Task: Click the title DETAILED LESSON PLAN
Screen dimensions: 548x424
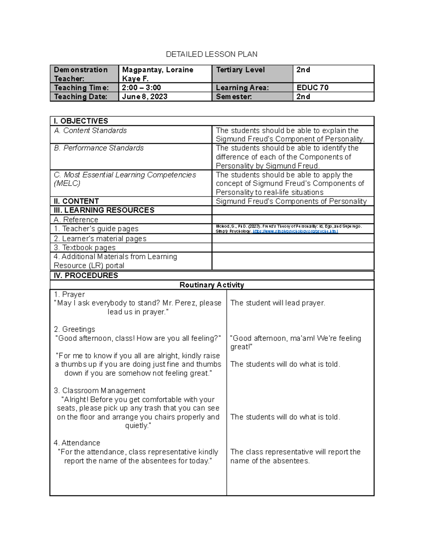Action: (212, 54)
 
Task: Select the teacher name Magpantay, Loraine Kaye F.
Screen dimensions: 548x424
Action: (158, 74)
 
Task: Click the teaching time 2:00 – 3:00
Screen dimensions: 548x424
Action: (141, 88)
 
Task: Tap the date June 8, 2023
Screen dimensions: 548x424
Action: (145, 97)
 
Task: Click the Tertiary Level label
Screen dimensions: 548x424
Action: (240, 70)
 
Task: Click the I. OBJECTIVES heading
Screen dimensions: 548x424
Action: (81, 121)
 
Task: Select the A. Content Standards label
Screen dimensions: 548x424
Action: (90, 131)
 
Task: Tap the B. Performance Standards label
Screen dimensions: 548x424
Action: (99, 148)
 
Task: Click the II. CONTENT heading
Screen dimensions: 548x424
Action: (76, 201)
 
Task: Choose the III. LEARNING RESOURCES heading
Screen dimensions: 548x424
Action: (104, 210)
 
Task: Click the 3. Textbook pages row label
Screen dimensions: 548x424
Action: (84, 248)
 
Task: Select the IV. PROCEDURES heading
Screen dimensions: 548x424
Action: (86, 275)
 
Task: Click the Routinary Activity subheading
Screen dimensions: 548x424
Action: (212, 285)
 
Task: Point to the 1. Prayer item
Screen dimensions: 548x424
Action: (69, 294)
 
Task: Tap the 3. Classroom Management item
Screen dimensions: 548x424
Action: (99, 391)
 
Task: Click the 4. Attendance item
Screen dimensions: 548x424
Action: (77, 443)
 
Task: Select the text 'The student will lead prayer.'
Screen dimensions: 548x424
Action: (277, 303)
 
